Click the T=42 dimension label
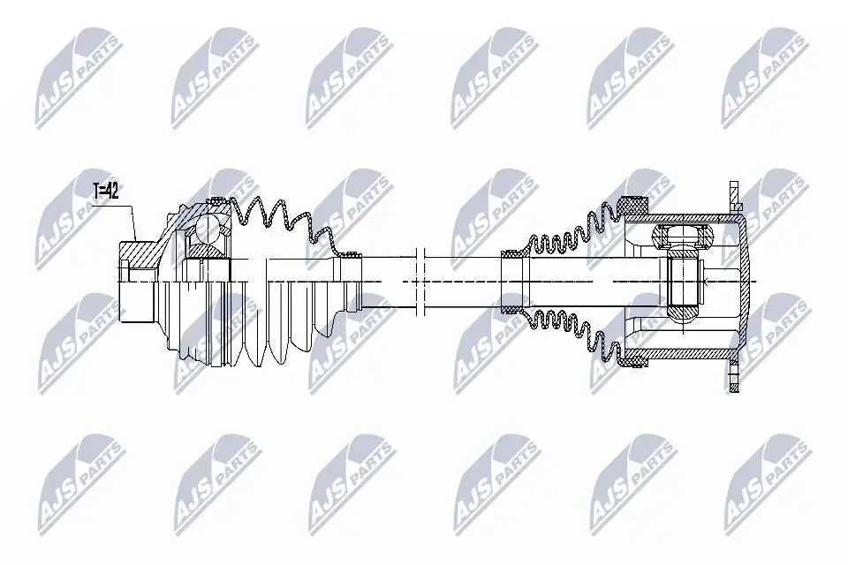[x=105, y=191]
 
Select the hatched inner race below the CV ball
[x=206, y=251]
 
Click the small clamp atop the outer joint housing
[x=218, y=201]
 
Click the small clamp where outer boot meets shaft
[x=352, y=254]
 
